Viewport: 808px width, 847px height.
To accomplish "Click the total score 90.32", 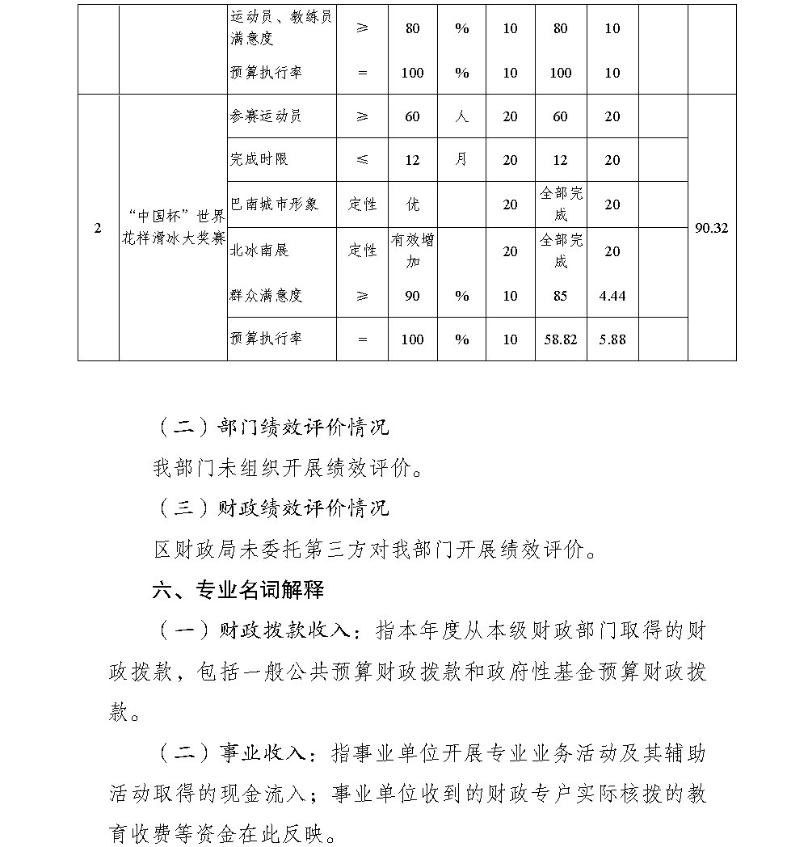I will pos(711,229).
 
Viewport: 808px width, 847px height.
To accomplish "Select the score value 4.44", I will pos(612,296).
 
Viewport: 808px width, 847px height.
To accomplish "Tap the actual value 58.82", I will pos(561,339).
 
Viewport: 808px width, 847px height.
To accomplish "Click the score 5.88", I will pos(612,339).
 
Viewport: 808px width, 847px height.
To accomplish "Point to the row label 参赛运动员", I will pos(266,116).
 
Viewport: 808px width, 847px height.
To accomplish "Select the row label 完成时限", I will pos(259,160).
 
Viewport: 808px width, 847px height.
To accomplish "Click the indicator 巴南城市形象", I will pos(275,204).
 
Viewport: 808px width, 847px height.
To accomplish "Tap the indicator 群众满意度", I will pos(267,296).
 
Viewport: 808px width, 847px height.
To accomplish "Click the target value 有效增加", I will pos(412,251).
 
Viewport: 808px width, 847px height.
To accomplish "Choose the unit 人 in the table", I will pos(461,116).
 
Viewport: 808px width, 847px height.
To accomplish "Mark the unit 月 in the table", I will pos(461,160).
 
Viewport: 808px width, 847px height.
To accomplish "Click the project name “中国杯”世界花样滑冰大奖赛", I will pos(172,229).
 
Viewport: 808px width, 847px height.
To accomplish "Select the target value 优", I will pos(412,204).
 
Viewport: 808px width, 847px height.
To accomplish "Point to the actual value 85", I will pos(561,296).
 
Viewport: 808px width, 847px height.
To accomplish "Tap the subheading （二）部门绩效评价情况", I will pos(271,427).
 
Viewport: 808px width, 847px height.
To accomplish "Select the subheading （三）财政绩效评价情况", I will pos(271,508).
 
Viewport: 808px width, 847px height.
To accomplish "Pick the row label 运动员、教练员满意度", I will pos(280,27).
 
